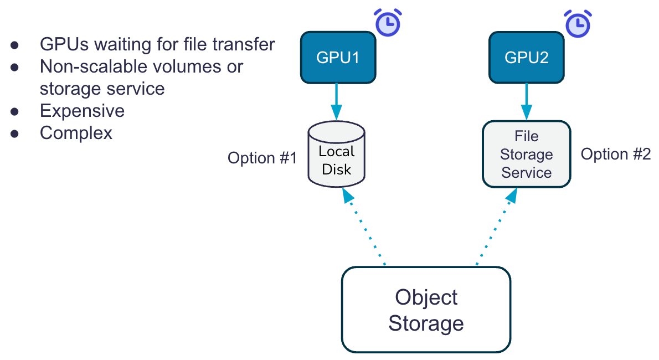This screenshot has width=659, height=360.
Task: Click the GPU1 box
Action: tap(338, 57)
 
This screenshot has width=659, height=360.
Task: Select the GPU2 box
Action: tap(526, 57)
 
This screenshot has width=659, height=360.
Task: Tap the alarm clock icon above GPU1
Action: tap(388, 22)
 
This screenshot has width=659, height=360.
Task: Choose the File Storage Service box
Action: tap(526, 154)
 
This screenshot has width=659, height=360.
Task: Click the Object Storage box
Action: tap(426, 310)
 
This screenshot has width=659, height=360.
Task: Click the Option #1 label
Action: tap(262, 158)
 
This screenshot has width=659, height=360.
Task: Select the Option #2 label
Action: tap(615, 154)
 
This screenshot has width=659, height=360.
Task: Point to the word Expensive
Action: tap(82, 111)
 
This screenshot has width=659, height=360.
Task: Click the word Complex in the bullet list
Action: tap(76, 133)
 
